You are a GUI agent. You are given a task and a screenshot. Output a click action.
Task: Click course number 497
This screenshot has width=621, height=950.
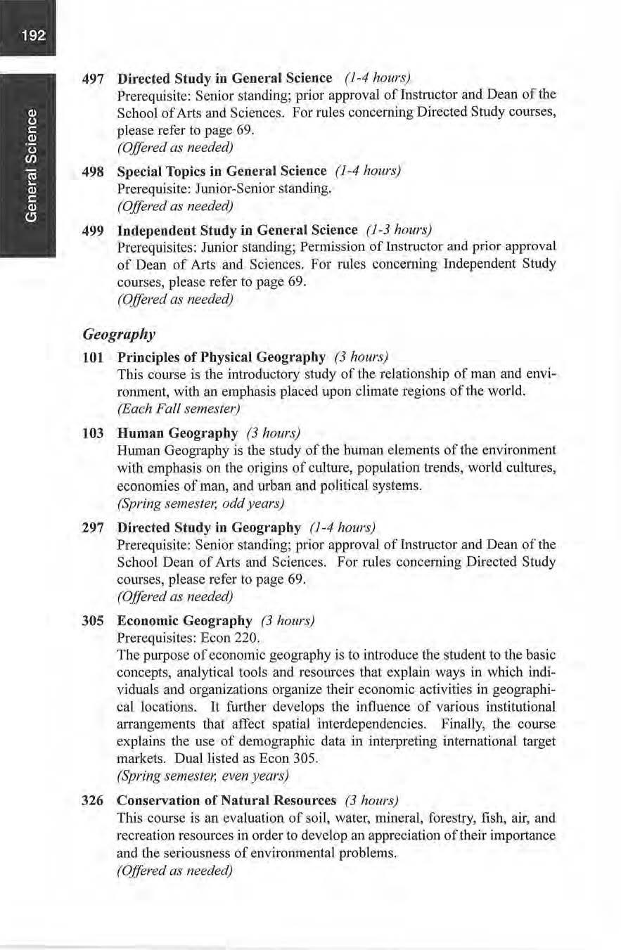click(x=94, y=77)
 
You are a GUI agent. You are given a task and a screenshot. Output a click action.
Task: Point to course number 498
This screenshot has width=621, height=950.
click(x=94, y=172)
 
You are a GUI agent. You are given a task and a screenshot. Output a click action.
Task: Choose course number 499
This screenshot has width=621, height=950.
click(x=94, y=231)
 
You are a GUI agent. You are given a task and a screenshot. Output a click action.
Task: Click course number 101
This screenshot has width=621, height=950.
click(x=94, y=358)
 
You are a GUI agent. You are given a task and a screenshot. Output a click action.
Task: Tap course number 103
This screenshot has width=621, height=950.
click(x=94, y=432)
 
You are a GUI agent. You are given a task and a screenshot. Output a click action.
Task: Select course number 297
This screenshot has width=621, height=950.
click(x=94, y=527)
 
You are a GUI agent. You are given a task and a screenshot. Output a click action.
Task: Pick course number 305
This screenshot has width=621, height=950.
click(x=94, y=621)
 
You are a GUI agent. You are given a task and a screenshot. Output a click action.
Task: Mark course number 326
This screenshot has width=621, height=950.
click(x=94, y=801)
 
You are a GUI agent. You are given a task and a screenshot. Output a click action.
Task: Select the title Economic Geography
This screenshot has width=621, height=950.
click(x=184, y=621)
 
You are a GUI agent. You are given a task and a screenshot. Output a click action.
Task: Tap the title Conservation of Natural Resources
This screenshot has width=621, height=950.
click(x=226, y=801)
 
